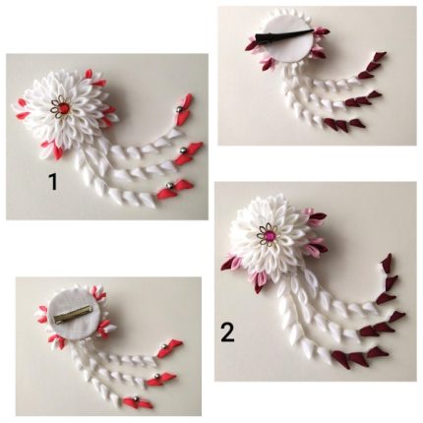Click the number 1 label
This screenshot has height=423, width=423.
pos(53,181)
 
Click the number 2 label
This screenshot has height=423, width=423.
pos(227,332)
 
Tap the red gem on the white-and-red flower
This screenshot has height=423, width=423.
pos(63,106)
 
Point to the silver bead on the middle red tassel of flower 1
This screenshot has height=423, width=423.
pos(182,151)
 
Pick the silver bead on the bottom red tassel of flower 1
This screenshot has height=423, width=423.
pos(169,186)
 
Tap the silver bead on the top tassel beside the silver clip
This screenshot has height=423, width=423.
pos(163,346)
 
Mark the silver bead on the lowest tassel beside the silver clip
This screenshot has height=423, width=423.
pos(136,398)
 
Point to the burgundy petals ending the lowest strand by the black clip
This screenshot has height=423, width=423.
pos(341,124)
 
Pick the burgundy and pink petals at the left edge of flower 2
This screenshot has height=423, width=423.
pos(232,264)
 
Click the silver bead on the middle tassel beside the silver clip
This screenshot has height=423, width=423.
pos(156,376)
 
